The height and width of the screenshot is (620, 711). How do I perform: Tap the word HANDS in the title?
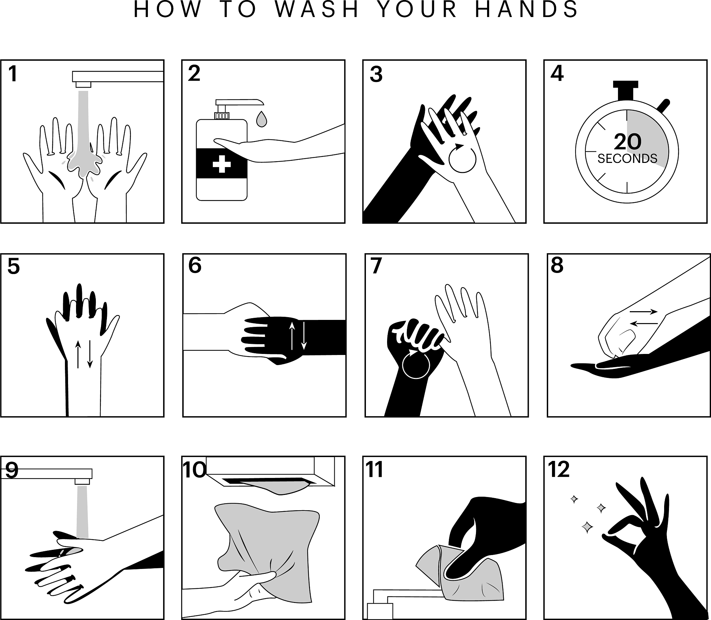tap(527, 9)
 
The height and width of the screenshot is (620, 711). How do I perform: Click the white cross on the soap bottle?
tap(222, 164)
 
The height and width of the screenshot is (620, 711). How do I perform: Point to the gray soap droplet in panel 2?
tap(261, 119)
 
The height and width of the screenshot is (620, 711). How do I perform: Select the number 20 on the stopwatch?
tap(627, 142)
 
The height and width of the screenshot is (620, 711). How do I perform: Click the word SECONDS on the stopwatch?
tap(627, 159)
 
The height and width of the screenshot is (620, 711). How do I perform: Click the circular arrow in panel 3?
tap(462, 158)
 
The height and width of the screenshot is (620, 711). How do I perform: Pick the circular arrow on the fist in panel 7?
tap(416, 364)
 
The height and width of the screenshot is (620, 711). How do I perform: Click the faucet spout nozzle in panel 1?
tap(83, 84)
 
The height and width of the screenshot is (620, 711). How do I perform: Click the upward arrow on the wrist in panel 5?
tap(78, 354)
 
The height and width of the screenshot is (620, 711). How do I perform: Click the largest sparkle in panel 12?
tap(587, 537)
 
